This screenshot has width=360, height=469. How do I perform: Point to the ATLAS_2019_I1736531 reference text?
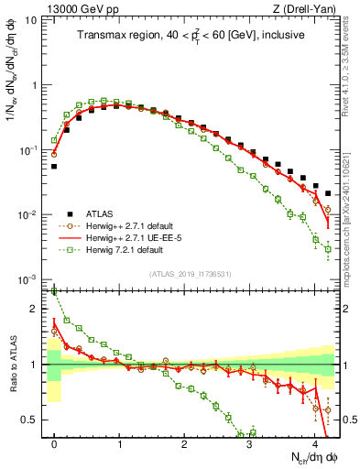tap(191, 274)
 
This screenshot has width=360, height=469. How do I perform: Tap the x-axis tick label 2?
tap(185, 442)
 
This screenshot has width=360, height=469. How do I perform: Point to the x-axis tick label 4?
tap(315, 442)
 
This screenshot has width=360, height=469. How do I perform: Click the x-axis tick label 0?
tap(55, 442)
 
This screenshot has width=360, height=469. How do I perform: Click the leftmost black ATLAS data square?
tap(54, 167)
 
